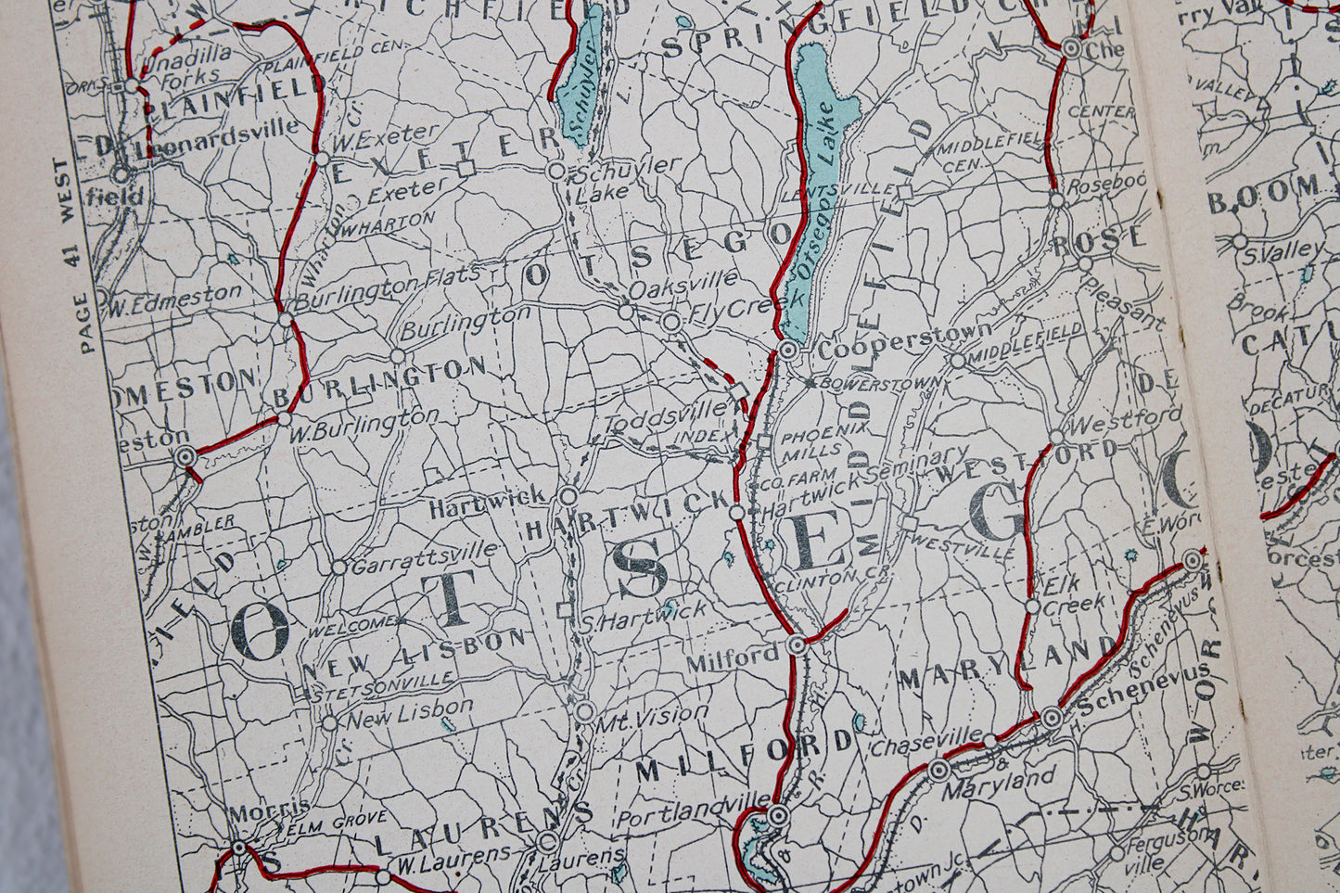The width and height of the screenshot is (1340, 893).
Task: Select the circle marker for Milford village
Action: pos(797,645)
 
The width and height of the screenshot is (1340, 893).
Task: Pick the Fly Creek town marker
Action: pos(672,322)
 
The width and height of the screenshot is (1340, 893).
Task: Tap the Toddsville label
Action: pos(667,415)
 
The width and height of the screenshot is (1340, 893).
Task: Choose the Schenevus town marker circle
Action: pos(1052,718)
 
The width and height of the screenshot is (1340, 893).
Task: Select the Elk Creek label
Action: pos(1074,595)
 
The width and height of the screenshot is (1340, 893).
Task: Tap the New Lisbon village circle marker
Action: pos(329,723)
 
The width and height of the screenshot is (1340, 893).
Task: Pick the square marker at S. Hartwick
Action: pos(563,610)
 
